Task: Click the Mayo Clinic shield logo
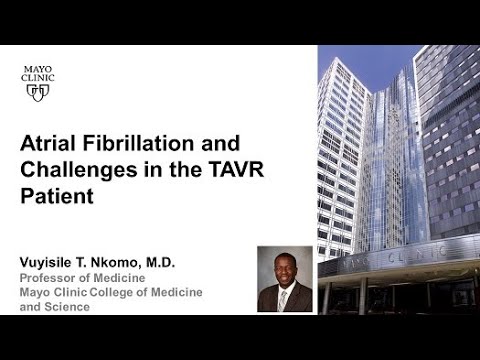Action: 38,91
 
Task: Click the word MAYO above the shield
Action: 38,69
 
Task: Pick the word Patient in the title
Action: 57,196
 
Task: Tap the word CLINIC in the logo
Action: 38,77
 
